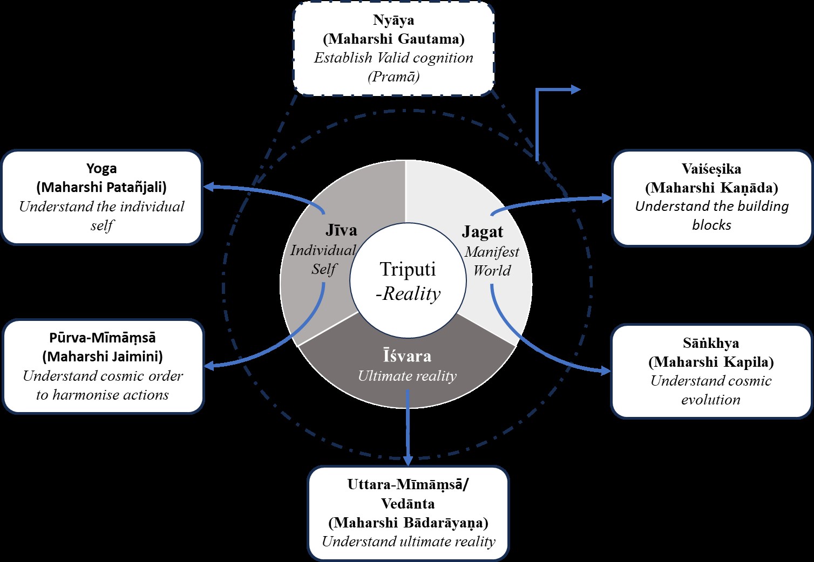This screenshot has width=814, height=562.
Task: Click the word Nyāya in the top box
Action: click(394, 20)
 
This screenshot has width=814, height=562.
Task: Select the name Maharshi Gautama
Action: click(394, 39)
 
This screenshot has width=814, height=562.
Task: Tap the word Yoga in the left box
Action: click(101, 169)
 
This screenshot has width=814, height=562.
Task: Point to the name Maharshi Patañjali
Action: click(101, 187)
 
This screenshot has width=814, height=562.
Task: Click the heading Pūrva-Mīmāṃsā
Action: click(103, 338)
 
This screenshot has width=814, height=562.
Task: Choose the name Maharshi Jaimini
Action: click(103, 357)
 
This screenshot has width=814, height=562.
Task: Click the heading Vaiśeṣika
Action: click(711, 169)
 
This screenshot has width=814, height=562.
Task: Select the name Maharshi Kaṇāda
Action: click(711, 188)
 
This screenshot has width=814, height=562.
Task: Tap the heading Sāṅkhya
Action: click(711, 343)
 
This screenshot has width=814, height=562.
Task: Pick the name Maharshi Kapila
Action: click(711, 362)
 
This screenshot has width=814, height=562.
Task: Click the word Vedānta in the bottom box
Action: click(408, 503)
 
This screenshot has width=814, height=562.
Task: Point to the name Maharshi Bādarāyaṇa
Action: click(408, 522)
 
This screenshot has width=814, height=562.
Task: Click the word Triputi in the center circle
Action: click(408, 269)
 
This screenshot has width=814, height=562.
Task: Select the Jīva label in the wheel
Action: click(341, 230)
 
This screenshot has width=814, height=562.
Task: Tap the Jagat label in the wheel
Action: click(483, 232)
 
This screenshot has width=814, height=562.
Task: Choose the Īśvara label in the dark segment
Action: click(407, 356)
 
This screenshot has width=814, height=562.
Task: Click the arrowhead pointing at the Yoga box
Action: click(208, 187)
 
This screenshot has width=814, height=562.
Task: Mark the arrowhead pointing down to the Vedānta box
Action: click(408, 460)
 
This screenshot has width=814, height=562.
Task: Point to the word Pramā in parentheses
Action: click(394, 77)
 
